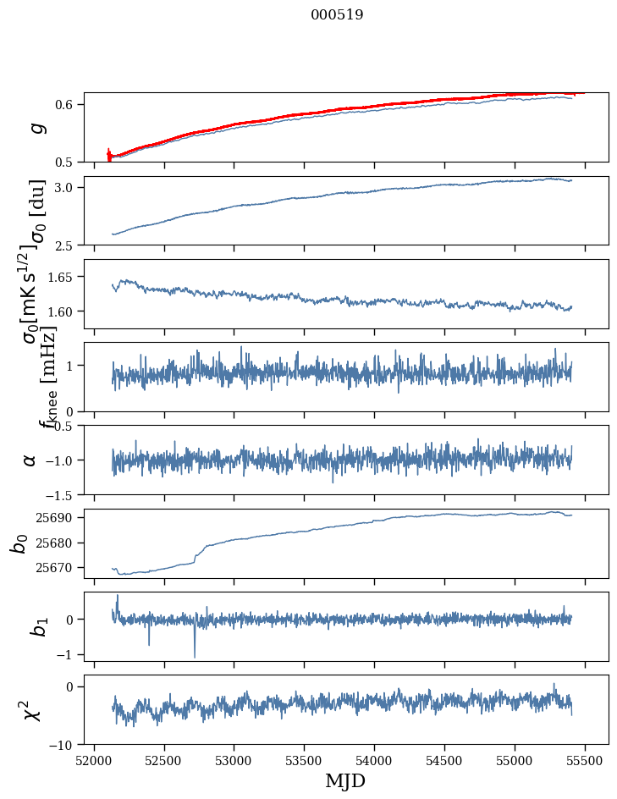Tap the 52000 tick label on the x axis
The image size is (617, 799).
pyautogui.click(x=94, y=759)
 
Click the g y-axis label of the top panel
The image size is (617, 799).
pyautogui.click(x=36, y=127)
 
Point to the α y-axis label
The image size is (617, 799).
pyautogui.click(x=30, y=460)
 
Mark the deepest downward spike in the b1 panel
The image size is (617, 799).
pyautogui.click(x=195, y=656)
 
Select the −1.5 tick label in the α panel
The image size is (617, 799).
pyautogui.click(x=62, y=494)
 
